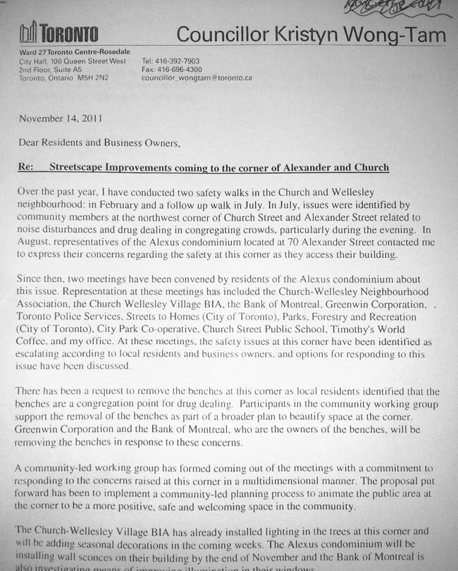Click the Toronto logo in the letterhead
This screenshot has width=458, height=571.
click(x=58, y=32)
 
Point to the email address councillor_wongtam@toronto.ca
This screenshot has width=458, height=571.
click(x=197, y=78)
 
